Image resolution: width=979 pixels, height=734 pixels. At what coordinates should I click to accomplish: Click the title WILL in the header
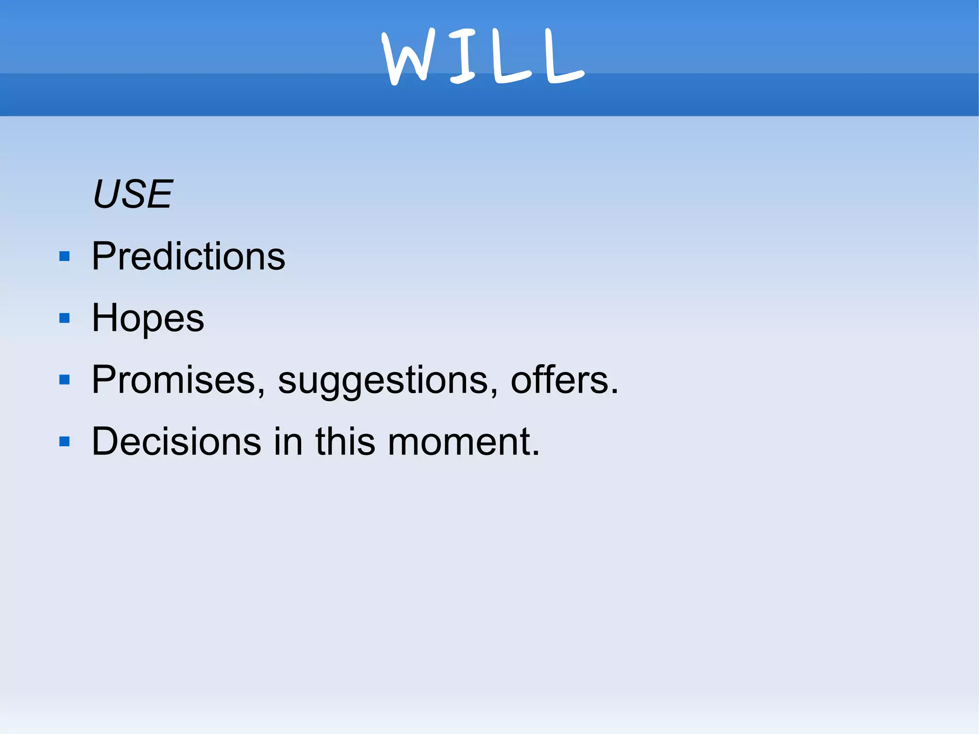(x=483, y=56)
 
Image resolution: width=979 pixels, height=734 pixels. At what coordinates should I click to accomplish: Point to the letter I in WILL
(x=462, y=55)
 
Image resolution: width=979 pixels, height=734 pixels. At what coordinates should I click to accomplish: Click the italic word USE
(x=132, y=194)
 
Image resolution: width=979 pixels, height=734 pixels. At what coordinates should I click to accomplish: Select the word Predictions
(x=188, y=256)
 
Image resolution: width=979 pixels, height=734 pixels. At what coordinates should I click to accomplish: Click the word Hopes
(x=148, y=318)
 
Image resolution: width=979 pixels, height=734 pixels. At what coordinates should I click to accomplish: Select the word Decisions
(x=176, y=441)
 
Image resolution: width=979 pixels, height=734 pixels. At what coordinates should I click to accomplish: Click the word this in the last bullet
(x=345, y=441)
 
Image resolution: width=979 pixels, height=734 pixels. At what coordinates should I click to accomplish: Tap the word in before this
(x=288, y=441)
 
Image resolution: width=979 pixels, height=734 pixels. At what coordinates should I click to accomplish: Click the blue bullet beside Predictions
(x=65, y=257)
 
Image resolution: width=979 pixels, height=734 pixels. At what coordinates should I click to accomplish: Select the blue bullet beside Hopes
(x=65, y=318)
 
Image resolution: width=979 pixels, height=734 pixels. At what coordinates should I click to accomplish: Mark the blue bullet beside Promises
(x=65, y=380)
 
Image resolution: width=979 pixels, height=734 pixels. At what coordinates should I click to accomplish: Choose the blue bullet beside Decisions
(x=65, y=441)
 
